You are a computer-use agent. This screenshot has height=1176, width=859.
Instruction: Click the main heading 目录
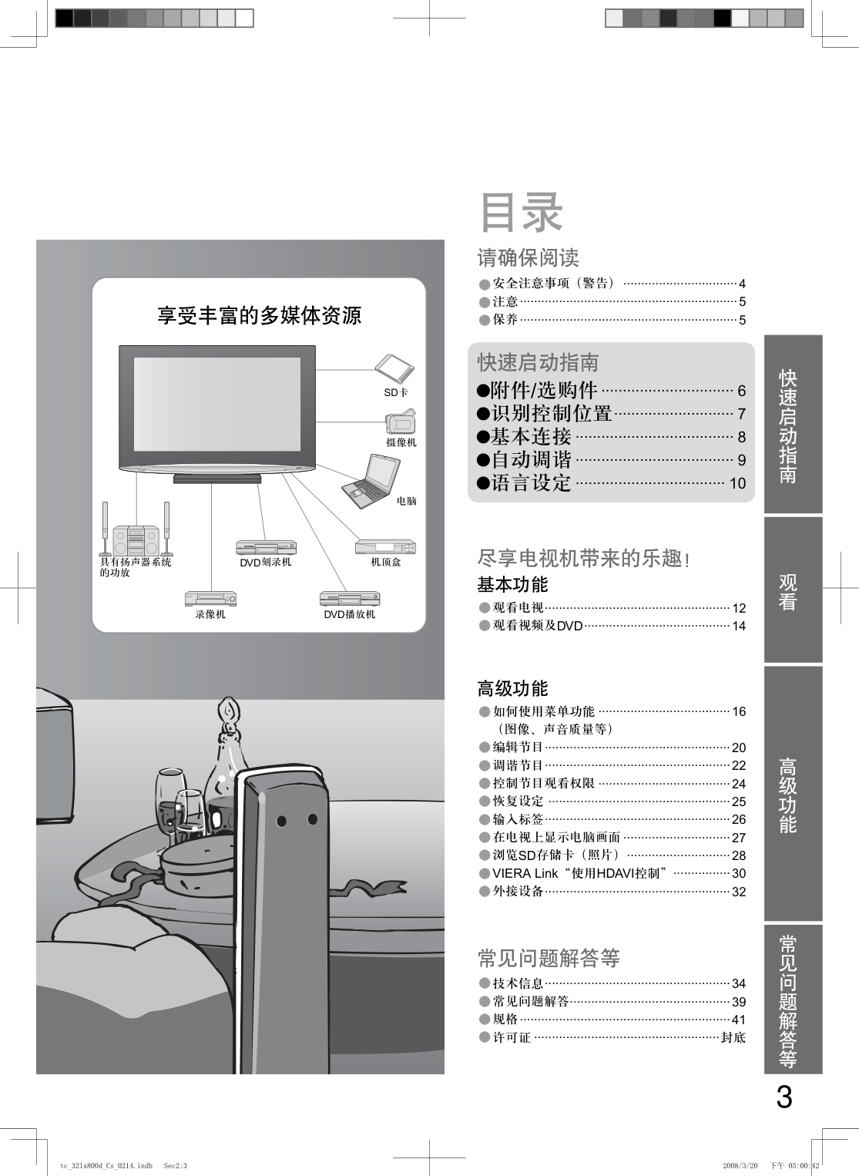click(x=521, y=213)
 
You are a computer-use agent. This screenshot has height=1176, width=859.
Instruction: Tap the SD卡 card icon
click(x=394, y=370)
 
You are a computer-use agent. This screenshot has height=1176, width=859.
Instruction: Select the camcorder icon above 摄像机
click(x=401, y=422)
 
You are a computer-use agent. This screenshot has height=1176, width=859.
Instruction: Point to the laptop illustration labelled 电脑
click(x=371, y=481)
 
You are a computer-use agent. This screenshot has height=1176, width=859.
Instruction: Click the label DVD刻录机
click(x=266, y=563)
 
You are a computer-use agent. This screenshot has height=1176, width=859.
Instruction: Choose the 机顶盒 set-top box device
click(x=386, y=546)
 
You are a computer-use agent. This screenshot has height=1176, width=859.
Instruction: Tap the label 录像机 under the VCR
click(x=210, y=614)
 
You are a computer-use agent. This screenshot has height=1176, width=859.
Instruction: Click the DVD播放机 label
click(x=350, y=614)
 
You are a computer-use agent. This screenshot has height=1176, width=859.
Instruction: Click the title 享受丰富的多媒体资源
click(x=259, y=315)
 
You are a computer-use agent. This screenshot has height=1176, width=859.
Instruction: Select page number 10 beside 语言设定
click(x=737, y=483)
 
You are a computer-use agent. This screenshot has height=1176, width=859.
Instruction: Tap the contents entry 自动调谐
click(x=531, y=460)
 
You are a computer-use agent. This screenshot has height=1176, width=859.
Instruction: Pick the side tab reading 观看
click(x=787, y=592)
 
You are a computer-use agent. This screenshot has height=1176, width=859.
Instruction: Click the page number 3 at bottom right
click(x=784, y=1097)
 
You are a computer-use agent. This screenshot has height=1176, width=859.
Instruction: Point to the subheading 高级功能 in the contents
click(x=512, y=687)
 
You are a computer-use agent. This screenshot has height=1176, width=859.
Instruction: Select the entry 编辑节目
click(x=518, y=747)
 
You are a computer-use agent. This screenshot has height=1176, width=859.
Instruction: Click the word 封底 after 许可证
click(x=733, y=1037)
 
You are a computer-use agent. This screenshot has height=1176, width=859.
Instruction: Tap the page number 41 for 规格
click(x=739, y=1020)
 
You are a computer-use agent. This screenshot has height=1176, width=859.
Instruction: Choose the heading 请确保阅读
click(x=528, y=257)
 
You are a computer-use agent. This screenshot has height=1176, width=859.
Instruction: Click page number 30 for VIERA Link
click(x=739, y=873)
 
